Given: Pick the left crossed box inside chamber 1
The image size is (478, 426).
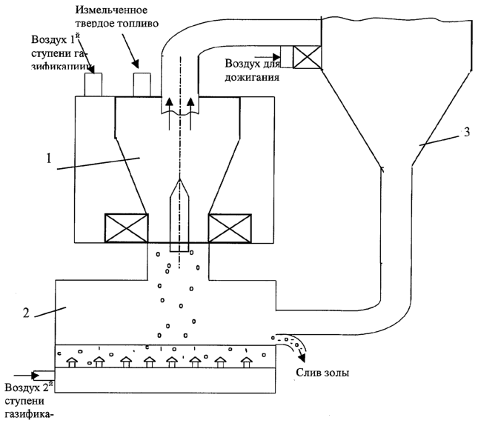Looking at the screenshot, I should [x=127, y=228].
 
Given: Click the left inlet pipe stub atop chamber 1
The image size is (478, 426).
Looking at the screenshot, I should [x=93, y=84].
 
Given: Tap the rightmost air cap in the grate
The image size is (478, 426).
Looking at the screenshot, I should [x=245, y=362].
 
